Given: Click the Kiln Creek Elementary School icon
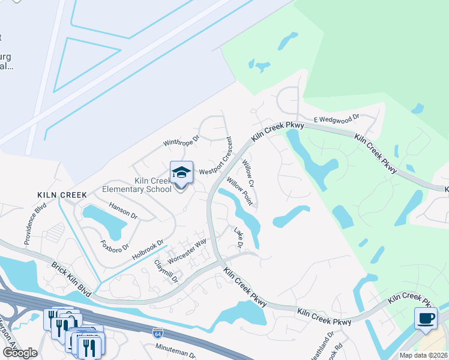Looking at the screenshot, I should tap(181, 173).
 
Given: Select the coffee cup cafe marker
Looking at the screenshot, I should tap(426, 319).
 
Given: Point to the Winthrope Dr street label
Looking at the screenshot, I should tap(181, 141).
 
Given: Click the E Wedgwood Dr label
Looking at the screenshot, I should tap(336, 119).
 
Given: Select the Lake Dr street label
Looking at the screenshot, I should tap(238, 237).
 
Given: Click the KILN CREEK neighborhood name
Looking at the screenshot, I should tap(62, 195).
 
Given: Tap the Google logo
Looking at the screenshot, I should tap(20, 353).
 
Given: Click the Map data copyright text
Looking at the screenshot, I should tap(423, 355).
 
